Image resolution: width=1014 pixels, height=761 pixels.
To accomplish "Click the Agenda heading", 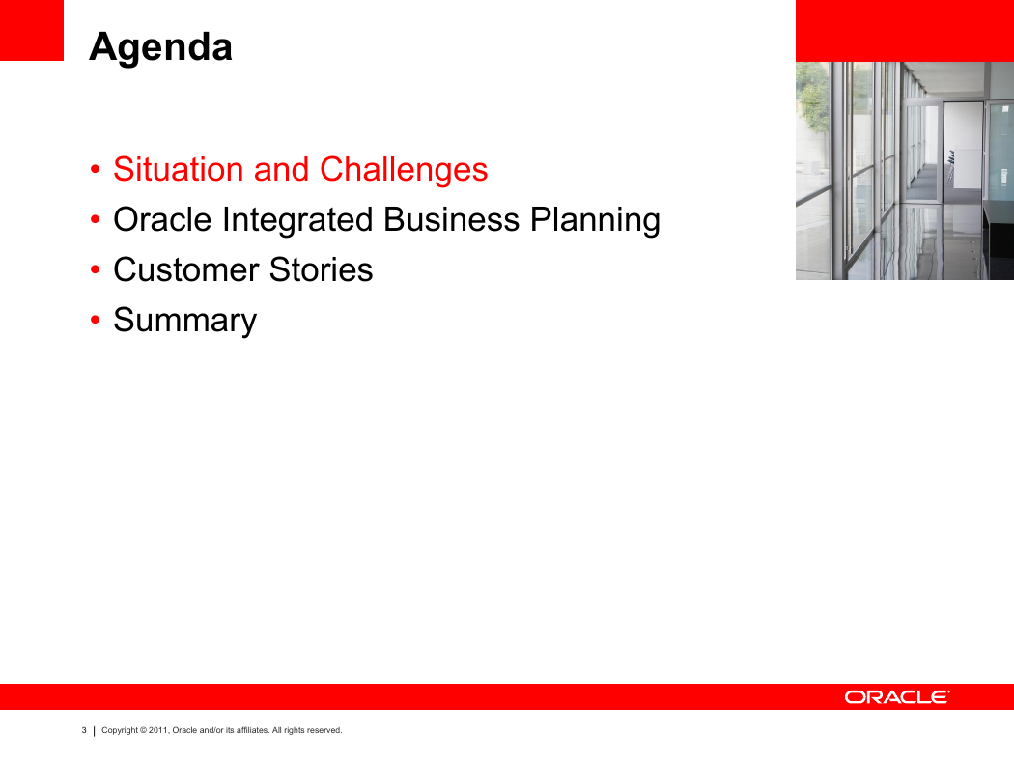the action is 160,48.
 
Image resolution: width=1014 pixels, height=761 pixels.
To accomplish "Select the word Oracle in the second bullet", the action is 162,220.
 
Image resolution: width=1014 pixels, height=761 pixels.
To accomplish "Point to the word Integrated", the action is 297,221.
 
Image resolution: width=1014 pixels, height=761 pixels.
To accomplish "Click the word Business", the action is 451,220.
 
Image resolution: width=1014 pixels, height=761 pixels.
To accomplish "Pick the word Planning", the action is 595,221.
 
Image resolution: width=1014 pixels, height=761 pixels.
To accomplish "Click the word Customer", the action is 186,269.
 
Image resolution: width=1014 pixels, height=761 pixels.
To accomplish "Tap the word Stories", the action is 321,269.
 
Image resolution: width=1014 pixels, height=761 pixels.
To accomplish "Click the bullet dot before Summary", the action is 95,320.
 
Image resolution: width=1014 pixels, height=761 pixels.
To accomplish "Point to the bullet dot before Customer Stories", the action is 95,269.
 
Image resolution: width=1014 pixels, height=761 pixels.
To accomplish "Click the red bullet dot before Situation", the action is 95,169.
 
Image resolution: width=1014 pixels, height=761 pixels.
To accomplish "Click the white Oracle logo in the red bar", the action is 897,697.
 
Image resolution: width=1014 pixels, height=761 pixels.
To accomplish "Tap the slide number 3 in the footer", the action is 84,730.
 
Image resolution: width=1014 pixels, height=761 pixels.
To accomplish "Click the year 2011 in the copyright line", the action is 158,730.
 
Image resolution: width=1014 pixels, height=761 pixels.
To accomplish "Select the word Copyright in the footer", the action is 120,731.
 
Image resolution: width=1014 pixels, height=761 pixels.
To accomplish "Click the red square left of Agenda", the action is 32,30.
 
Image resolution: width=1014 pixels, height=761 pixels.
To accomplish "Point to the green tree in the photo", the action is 813,97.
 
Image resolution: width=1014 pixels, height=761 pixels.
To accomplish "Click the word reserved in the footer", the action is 324,730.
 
